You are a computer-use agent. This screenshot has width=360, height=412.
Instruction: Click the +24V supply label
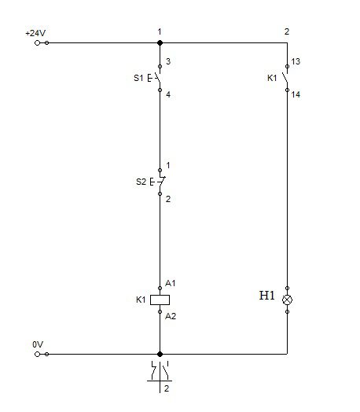pos(35,33)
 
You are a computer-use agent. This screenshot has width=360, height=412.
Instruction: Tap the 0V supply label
pos(38,344)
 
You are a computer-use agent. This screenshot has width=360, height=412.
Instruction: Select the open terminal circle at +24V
pos(37,42)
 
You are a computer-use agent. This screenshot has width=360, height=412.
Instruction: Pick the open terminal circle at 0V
pos(37,354)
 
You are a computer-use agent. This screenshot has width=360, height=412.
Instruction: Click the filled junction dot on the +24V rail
pos(160,42)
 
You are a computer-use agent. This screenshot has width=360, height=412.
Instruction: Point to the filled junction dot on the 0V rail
pos(160,354)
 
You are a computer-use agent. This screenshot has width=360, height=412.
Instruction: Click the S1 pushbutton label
pos(138,78)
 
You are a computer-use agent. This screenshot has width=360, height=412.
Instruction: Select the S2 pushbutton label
pos(141,182)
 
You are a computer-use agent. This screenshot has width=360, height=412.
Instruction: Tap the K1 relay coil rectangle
pos(160,300)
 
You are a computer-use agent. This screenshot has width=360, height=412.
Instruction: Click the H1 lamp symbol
pos(287,300)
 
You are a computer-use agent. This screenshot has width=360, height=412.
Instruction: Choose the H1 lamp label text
pos(266,296)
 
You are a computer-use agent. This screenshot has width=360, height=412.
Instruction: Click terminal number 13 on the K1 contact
pos(296,61)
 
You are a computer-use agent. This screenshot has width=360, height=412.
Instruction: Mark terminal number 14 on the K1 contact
pos(296,94)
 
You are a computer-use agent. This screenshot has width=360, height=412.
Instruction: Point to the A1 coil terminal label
pos(170,283)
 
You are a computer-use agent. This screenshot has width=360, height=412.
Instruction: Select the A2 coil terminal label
pos(171,316)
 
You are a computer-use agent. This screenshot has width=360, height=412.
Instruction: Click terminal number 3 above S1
pos(168,61)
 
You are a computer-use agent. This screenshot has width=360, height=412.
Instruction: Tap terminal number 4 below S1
pos(168,94)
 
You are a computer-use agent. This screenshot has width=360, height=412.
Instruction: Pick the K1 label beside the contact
pos(272,78)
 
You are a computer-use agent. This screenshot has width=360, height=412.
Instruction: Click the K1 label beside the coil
pos(141,300)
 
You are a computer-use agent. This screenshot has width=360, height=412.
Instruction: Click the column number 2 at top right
pos(287,31)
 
